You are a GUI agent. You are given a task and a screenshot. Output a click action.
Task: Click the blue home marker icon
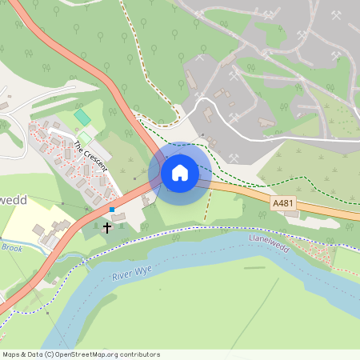pyautogui.click(x=180, y=172)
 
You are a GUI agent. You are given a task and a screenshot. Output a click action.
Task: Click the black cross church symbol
pyautogui.click(x=107, y=228)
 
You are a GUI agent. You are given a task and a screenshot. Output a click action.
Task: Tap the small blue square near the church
pyautogui.click(x=113, y=210)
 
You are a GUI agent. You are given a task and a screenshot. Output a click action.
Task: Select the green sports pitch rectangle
pyautogui.click(x=82, y=118)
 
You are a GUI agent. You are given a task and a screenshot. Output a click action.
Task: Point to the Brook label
pyautogui.click(x=11, y=249)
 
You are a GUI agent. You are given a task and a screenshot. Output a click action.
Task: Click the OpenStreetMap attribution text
pyautogui.click(x=81, y=354)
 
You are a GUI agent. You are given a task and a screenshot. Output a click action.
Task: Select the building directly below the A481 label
pyautogui.click(x=291, y=214)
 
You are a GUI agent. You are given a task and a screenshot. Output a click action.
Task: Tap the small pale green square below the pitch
pyautogui.click(x=85, y=138)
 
